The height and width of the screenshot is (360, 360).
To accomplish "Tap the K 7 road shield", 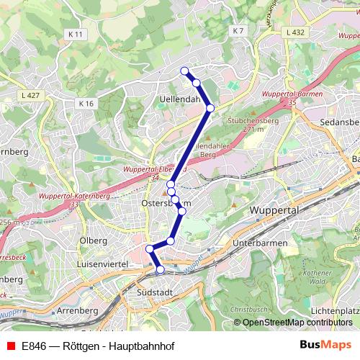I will coord(239,31).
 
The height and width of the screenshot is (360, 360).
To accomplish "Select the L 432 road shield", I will coord(296,32).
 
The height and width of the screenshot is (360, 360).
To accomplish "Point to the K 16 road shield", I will coord(86,104).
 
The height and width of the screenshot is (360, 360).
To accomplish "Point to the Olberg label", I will coord(94,240).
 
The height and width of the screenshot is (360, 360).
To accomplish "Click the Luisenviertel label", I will coord(103,265).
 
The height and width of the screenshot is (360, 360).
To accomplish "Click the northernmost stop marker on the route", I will coord(184,71).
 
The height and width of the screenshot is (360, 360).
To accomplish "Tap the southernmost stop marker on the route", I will coord(160,269).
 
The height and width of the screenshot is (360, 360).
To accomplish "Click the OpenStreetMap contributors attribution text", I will coord(297,323).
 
